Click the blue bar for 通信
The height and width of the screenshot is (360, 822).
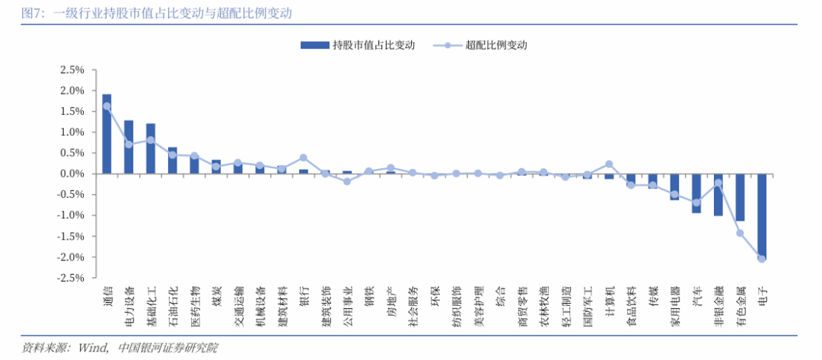[x=107, y=134]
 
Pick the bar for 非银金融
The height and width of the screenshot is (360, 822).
[x=718, y=195]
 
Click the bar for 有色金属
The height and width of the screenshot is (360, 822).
[x=740, y=197]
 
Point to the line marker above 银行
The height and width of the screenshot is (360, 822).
[x=304, y=158]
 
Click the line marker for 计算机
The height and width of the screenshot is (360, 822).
[x=609, y=164]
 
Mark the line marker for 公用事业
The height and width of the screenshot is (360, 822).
[x=347, y=181]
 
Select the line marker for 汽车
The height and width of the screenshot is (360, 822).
[x=696, y=202]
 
